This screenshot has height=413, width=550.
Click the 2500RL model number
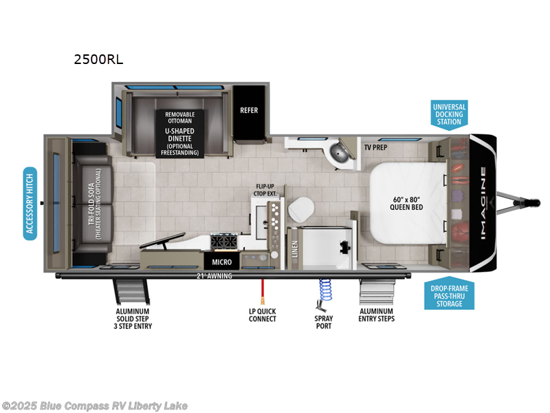(98, 59)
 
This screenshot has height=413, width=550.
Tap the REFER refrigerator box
(248, 110)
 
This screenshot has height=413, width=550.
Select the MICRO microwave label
(221, 262)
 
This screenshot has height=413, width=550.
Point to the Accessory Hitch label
(30, 202)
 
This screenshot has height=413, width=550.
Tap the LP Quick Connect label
(262, 315)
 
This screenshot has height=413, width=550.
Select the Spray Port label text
(324, 321)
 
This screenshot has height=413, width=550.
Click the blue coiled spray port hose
(323, 290)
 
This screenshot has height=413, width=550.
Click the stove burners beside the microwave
(223, 242)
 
